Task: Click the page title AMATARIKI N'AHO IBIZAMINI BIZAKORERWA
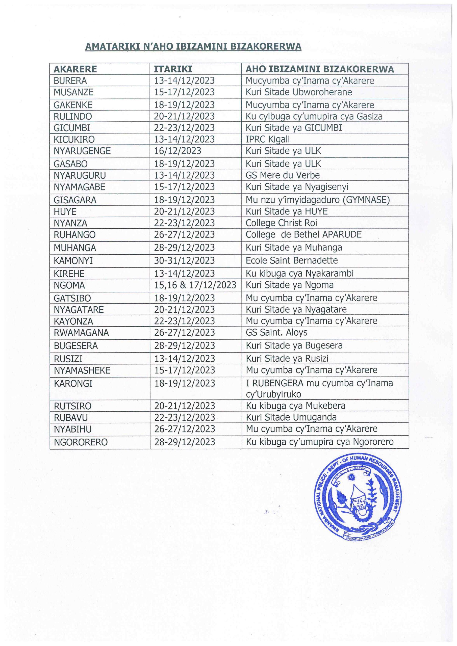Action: point(193,47)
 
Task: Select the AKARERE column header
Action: point(75,69)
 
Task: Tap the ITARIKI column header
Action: point(173,69)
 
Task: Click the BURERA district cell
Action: point(70,81)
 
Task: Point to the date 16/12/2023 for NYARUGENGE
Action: point(177,151)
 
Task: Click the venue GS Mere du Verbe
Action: point(283,175)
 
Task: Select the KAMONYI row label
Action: point(73,261)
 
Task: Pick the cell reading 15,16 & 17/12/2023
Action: point(195,285)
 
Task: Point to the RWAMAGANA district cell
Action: point(81,333)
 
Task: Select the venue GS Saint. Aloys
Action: point(276,333)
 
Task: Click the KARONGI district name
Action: point(73,384)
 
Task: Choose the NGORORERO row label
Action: point(81,442)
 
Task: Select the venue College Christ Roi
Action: point(281,223)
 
